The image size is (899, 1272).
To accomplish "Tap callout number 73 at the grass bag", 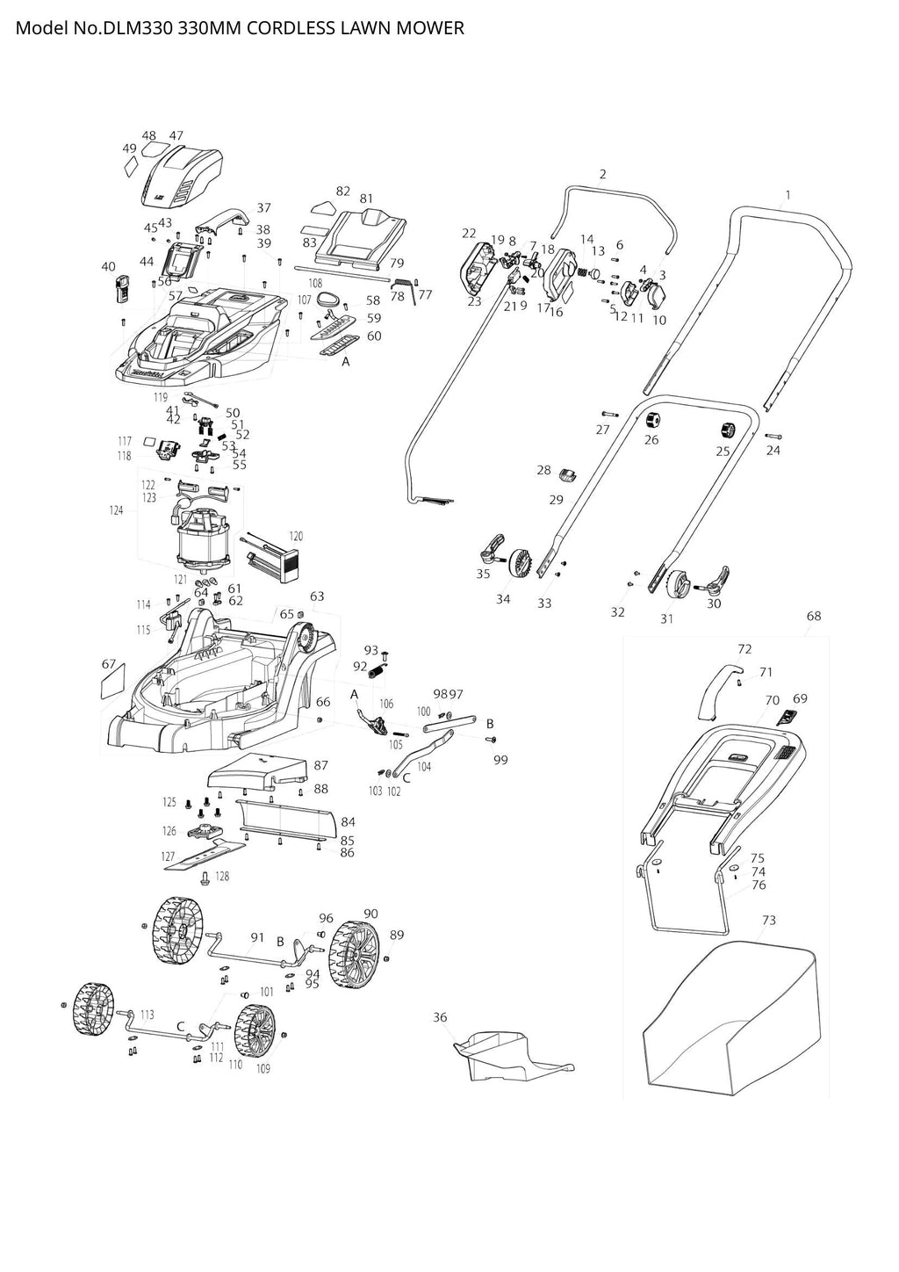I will [769, 920].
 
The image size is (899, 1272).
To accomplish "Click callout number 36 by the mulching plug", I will [440, 1017].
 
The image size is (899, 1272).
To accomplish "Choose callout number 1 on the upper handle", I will [788, 195].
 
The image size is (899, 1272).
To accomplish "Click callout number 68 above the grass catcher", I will [814, 616].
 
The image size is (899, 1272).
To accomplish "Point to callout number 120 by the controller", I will [296, 536].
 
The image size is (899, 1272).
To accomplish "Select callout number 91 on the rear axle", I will [257, 937].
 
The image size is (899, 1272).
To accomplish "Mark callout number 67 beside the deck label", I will [109, 663].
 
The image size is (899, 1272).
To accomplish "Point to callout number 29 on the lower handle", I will [556, 500].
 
